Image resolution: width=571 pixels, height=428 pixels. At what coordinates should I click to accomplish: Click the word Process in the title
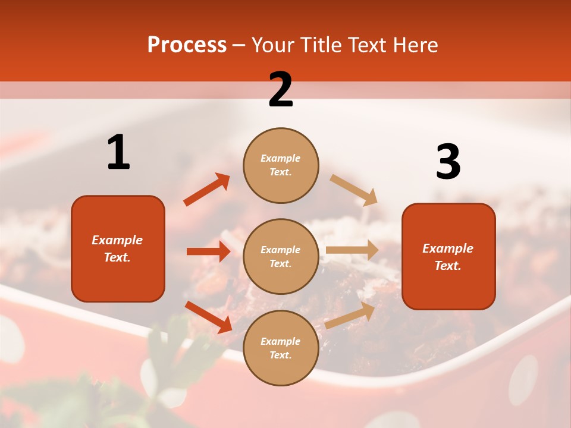click(x=187, y=45)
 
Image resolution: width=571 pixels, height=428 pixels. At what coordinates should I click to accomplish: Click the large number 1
click(x=118, y=153)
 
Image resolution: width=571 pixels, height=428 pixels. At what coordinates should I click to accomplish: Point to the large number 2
click(x=281, y=90)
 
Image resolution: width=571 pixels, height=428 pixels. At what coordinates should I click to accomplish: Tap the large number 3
click(x=448, y=162)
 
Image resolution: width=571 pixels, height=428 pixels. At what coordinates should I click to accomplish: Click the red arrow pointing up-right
click(x=207, y=190)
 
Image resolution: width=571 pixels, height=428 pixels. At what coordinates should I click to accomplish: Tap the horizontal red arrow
click(x=208, y=251)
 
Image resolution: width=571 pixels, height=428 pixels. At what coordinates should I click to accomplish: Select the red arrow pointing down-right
click(x=209, y=316)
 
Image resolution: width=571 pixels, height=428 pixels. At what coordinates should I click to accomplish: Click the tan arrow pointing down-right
click(x=354, y=190)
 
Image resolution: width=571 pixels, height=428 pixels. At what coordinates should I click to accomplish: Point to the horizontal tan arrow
click(x=352, y=250)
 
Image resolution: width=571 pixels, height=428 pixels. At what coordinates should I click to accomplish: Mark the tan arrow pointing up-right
click(x=350, y=316)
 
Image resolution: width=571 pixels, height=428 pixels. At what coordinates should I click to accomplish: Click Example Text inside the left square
click(x=117, y=248)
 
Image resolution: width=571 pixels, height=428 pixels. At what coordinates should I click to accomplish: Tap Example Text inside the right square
click(x=448, y=257)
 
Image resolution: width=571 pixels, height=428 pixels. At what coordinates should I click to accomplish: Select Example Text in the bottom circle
click(x=280, y=348)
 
